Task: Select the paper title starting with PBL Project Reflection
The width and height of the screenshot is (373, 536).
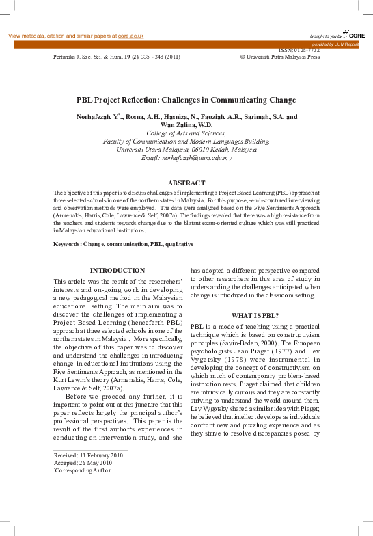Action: pos(186,99)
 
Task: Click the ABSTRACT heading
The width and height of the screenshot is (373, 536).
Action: pos(186,183)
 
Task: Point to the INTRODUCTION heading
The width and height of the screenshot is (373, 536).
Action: pos(118,271)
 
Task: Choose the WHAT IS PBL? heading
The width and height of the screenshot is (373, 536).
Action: pos(254,315)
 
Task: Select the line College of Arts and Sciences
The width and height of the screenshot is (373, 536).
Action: pos(186,133)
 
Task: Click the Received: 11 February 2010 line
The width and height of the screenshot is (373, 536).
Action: pos(88,454)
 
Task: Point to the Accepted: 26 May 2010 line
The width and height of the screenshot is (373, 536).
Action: pos(83,462)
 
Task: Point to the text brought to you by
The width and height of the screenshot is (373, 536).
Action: pos(324,36)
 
